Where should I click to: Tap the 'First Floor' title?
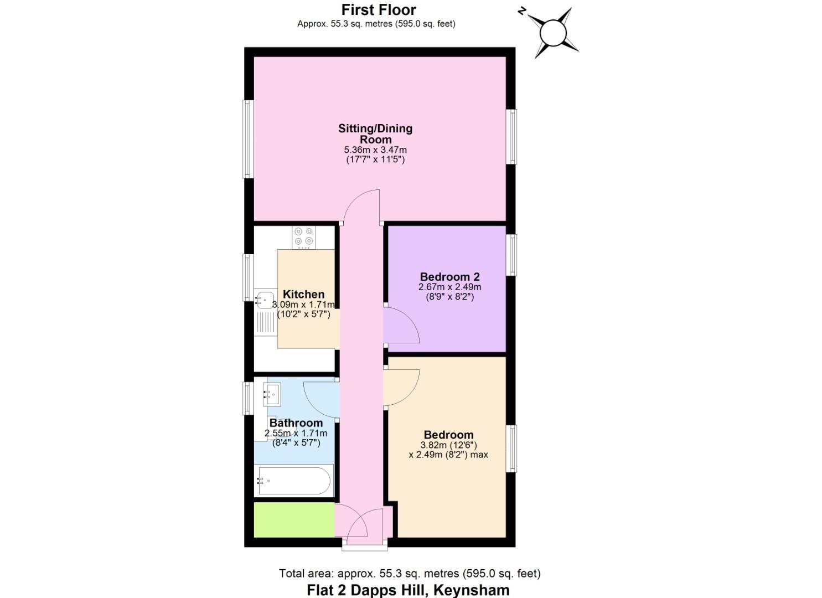tap(379, 9)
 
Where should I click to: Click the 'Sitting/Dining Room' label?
tap(375, 133)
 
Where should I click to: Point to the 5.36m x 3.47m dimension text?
tap(375, 149)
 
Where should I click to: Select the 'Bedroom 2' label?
tap(449, 277)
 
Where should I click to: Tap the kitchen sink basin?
tap(265, 300)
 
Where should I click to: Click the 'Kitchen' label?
tap(303, 294)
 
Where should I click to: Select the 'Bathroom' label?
tap(296, 423)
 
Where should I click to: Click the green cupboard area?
tap(294, 519)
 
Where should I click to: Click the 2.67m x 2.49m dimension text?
tap(449, 287)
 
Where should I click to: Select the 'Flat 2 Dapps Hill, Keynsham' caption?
tap(408, 590)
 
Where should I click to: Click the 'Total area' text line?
tap(410, 574)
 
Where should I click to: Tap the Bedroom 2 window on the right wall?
tap(513, 255)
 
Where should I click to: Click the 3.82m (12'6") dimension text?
tap(448, 445)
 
